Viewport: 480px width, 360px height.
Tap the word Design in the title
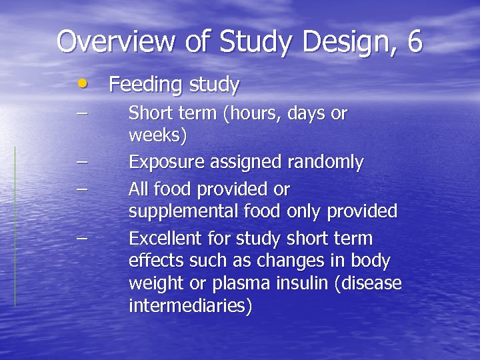click(340, 42)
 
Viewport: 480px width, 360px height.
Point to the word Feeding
click(145, 85)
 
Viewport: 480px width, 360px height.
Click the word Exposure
click(166, 163)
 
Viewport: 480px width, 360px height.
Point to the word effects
click(153, 261)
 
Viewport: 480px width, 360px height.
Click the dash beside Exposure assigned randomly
click(81, 161)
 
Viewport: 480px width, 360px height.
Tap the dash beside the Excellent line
click(81, 237)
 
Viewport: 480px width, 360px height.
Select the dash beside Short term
click(81, 111)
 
